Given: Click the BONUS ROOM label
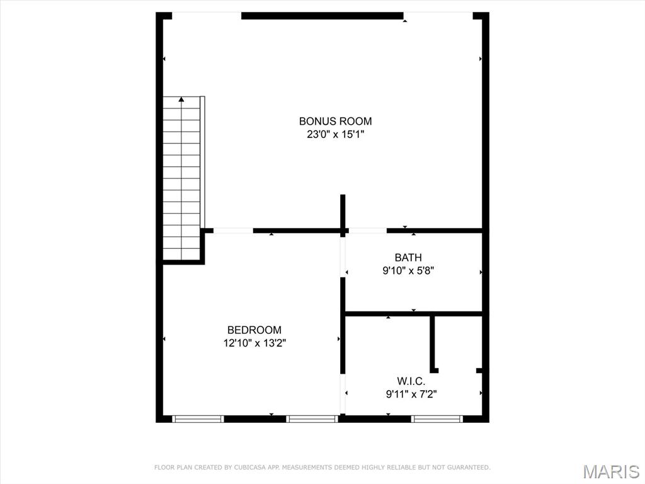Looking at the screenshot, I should point(335,121).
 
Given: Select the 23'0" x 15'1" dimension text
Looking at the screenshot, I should point(335,134).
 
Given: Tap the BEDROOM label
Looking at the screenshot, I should point(254,330).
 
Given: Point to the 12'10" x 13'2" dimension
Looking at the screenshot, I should point(254,343).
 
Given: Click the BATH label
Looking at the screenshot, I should point(408,257).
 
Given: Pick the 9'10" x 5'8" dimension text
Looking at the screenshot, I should point(408,271).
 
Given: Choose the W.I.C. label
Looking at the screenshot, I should point(411,381).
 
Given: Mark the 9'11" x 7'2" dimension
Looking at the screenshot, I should point(411,395).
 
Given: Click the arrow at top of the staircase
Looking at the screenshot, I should point(181,99).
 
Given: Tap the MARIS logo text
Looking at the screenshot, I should point(610,471).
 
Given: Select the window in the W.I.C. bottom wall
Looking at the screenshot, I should point(437,418).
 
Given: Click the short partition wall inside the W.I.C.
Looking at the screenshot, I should point(433,343).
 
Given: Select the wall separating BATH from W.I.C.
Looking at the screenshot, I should point(413,313).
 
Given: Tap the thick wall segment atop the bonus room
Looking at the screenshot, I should point(322,16).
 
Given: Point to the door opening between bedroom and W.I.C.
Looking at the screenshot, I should point(343,394).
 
